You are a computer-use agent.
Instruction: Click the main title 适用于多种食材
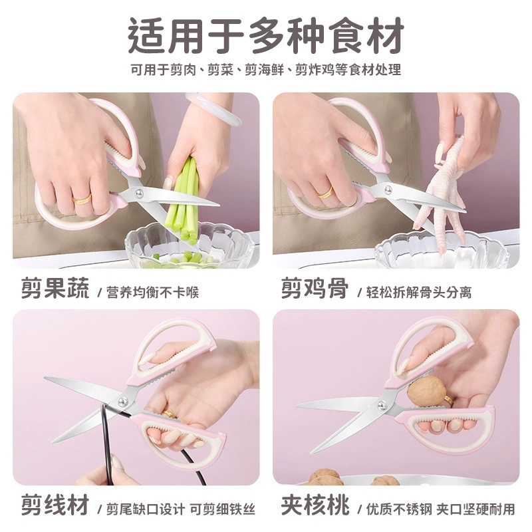266,36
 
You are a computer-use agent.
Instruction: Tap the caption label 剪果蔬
55,288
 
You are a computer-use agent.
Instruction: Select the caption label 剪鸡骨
315,288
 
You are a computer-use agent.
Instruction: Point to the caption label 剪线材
55,505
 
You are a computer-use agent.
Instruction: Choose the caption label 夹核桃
315,505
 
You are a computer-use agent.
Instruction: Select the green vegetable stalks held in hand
185,200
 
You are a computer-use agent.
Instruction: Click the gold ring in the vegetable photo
82,199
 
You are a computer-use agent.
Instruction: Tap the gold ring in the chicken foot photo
325,193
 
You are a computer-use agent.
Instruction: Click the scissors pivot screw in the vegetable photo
139,194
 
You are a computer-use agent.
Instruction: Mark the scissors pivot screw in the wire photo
123,402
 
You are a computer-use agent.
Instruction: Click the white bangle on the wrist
213,109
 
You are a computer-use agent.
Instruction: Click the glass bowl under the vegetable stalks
191,246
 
